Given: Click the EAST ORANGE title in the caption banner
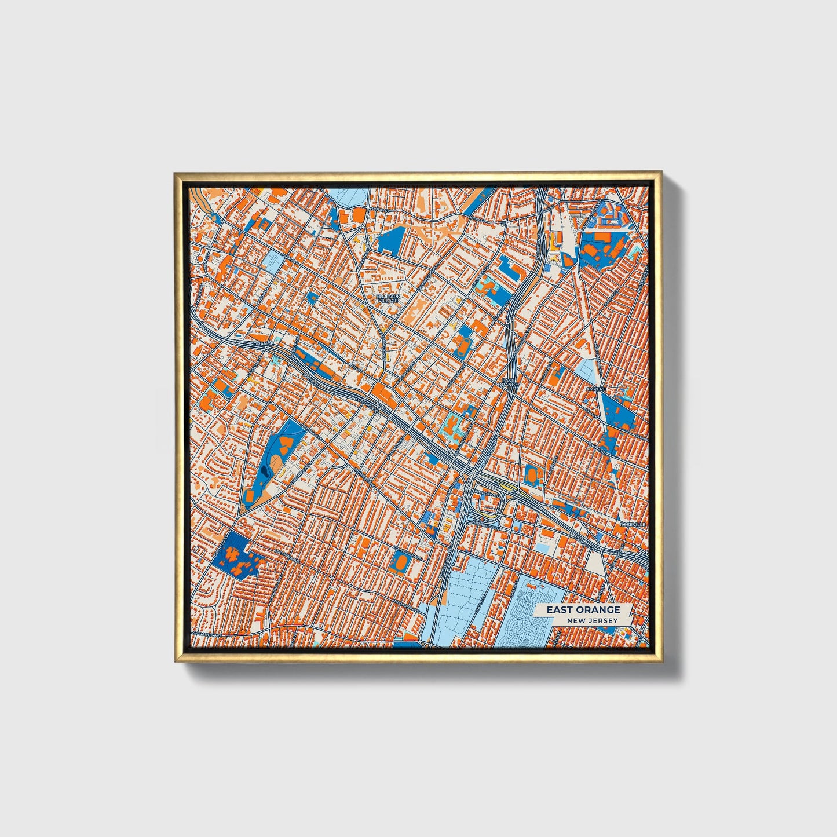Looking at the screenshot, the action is click(583, 609).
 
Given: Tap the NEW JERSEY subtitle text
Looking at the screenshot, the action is click(592, 620).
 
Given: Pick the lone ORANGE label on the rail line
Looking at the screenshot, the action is click(262, 344).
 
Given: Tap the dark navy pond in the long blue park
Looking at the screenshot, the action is click(266, 473).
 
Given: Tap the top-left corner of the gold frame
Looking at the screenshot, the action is click(176, 173).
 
